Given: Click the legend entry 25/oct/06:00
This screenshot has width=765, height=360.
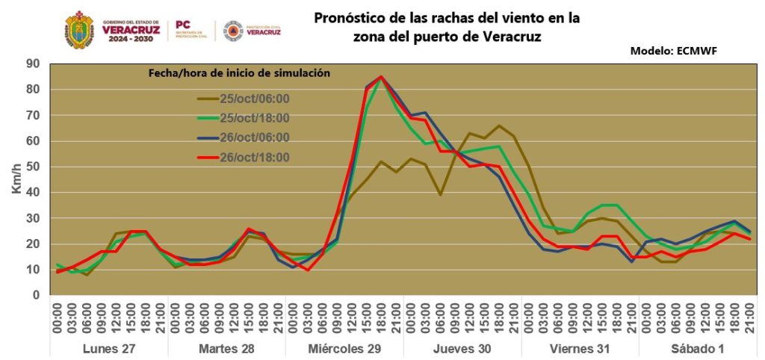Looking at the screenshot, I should (x=254, y=99).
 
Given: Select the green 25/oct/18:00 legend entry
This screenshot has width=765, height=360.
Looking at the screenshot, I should (x=254, y=118).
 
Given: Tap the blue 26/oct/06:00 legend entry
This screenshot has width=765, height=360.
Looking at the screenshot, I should (x=254, y=137).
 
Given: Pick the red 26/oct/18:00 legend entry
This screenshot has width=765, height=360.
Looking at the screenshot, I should (x=254, y=157).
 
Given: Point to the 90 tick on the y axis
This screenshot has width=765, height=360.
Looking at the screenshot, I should (x=33, y=63).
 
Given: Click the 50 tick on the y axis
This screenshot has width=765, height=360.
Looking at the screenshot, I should (x=33, y=167).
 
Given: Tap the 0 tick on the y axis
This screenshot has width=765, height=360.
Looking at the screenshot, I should (x=35, y=296).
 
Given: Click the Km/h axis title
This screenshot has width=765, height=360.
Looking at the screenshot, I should (x=16, y=179).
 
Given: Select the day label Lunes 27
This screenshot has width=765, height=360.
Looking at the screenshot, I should (x=110, y=349).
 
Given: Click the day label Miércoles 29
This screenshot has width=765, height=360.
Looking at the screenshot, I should (x=344, y=349).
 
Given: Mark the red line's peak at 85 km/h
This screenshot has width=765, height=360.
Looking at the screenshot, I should (x=381, y=77).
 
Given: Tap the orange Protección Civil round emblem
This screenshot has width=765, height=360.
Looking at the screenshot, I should (x=232, y=30).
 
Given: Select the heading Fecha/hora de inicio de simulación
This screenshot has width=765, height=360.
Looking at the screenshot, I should (x=237, y=73).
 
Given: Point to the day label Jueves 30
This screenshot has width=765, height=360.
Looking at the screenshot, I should (x=462, y=349).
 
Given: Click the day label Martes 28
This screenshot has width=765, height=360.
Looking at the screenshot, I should (x=227, y=349).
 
